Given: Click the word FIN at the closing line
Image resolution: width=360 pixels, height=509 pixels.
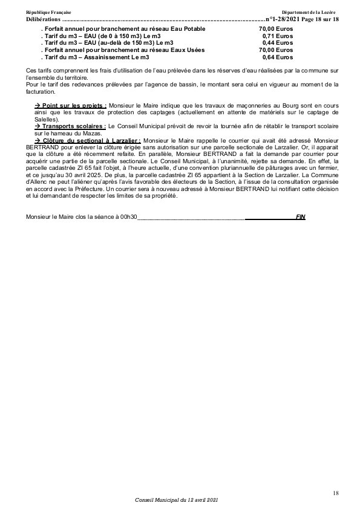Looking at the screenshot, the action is pyautogui.click(x=301, y=216).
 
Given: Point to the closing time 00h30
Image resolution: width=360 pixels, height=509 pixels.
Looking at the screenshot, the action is pyautogui.click(x=128, y=216).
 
